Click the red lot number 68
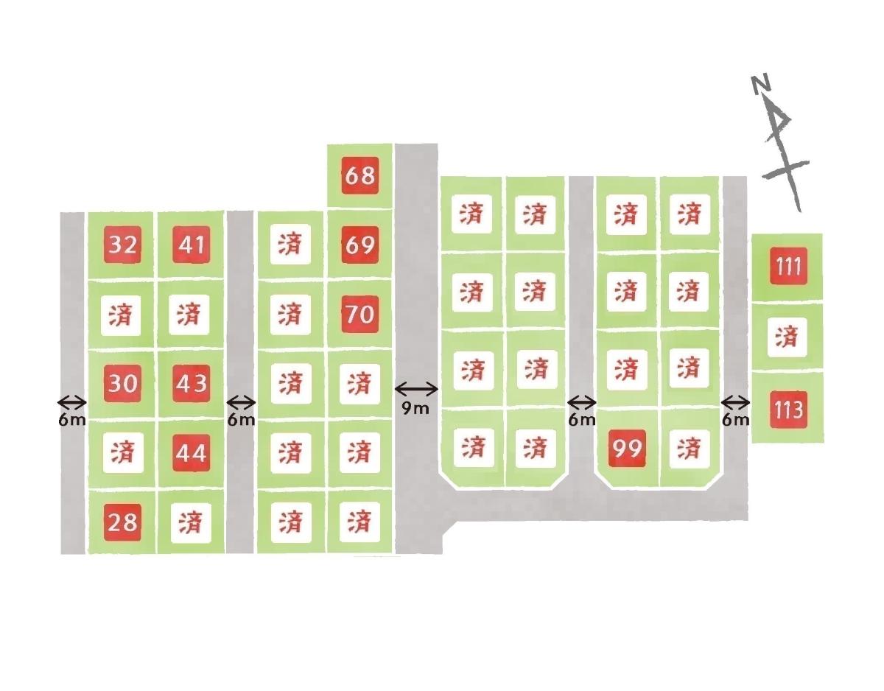point(359,175)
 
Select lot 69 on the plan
point(359,245)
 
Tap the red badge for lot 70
point(359,315)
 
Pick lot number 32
point(122,245)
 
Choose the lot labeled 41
point(192,245)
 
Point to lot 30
point(122,384)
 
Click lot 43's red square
point(192,384)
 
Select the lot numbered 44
point(192,452)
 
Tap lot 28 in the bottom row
point(122,522)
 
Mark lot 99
point(627,448)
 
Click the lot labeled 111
point(788,266)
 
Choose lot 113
point(788,410)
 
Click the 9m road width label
point(415,408)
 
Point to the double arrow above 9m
point(416,390)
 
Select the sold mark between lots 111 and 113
point(787,337)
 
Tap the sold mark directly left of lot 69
point(290,245)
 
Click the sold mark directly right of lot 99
point(689,449)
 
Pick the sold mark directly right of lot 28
point(191,523)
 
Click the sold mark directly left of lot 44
point(123,452)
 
